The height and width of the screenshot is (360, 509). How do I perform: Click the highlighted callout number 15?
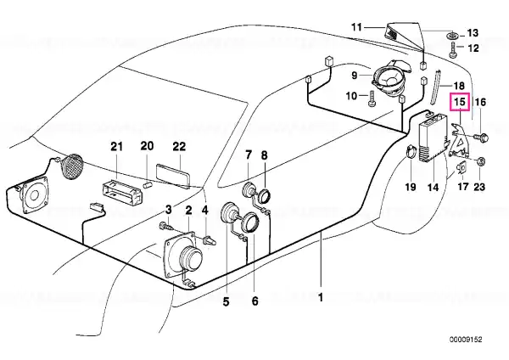[460, 102]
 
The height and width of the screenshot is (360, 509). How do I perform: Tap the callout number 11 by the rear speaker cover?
[357, 27]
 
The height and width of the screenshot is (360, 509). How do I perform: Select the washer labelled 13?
[452, 35]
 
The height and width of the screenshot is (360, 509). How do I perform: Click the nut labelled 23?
[482, 161]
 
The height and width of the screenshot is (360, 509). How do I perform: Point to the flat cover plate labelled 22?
[173, 175]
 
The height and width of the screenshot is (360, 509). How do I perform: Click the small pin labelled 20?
[148, 185]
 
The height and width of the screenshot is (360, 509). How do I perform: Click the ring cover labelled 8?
[264, 197]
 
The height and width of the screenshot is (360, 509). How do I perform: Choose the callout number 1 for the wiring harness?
[321, 297]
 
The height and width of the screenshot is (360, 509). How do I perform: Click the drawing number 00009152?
[466, 340]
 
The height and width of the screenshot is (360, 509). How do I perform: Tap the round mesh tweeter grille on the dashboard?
[72, 166]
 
